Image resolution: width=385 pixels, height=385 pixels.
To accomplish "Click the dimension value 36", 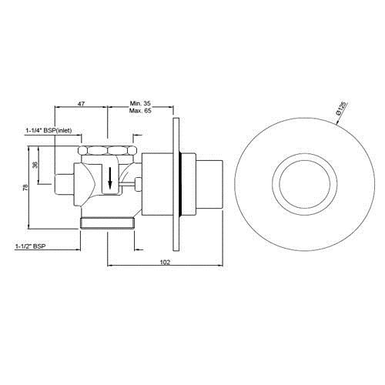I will [x=34, y=165].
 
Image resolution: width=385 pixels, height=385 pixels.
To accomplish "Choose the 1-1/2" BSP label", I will [x=28, y=247].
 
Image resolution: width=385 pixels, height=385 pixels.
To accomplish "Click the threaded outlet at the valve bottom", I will [x=108, y=224].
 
